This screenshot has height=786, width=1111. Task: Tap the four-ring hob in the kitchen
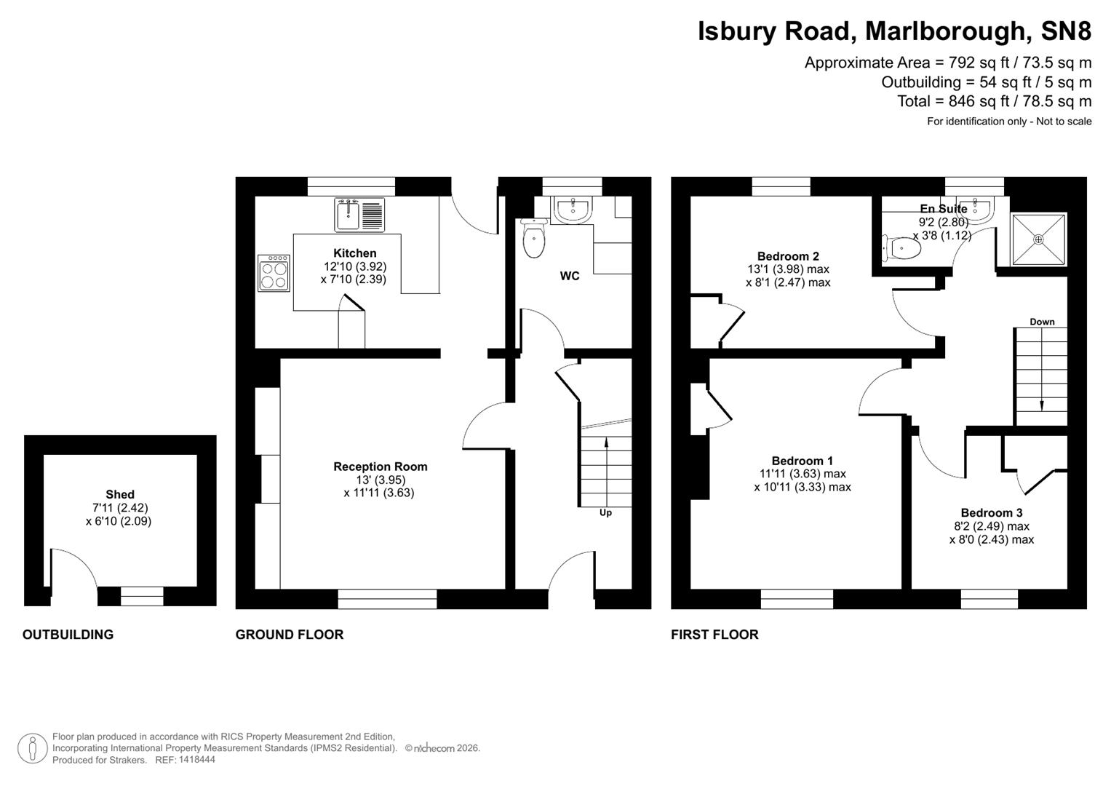pos(274,273)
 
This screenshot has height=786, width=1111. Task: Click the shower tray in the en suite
pos(1038,239)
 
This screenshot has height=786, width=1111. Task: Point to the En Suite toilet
pos(902,249)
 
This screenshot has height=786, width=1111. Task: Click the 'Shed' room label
pos(120,494)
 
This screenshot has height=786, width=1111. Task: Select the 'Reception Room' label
pos(381,467)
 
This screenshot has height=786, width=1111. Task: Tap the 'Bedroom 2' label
pos(788,256)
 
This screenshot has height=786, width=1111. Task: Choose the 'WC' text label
pos(570,276)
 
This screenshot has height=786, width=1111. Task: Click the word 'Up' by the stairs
pos(605,512)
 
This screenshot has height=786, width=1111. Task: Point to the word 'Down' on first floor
pos(1042,322)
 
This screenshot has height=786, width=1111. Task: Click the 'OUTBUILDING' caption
pos(68,635)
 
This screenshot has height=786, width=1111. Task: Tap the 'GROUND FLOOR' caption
pos(289,635)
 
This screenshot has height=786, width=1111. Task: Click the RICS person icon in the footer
pos(32,748)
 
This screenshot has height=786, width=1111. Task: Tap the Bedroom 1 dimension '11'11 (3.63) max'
pos(803,474)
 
